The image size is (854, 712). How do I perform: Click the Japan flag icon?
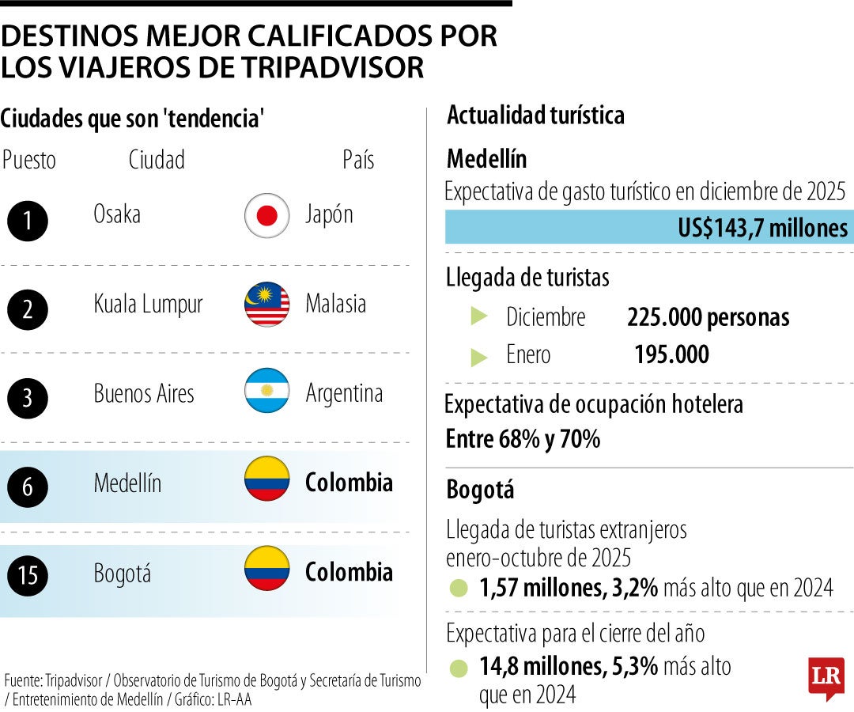(266, 215)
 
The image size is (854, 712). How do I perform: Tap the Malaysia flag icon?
(266, 305)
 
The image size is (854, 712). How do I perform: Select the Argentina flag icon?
(266, 394)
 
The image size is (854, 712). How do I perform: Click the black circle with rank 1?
(28, 221)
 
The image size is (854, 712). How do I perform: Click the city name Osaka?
(117, 214)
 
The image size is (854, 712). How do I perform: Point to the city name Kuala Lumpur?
(148, 305)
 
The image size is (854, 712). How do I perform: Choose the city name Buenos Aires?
(144, 394)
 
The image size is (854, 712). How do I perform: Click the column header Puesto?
(29, 160)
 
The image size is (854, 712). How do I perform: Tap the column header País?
(358, 160)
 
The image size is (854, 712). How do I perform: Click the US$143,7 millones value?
(762, 229)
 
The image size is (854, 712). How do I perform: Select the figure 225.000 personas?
(708, 317)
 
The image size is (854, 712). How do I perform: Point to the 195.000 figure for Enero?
(671, 355)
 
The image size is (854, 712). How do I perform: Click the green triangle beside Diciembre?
(479, 316)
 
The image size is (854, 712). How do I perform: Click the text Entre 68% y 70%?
(523, 438)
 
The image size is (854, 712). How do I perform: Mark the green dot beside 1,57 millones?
(458, 589)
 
